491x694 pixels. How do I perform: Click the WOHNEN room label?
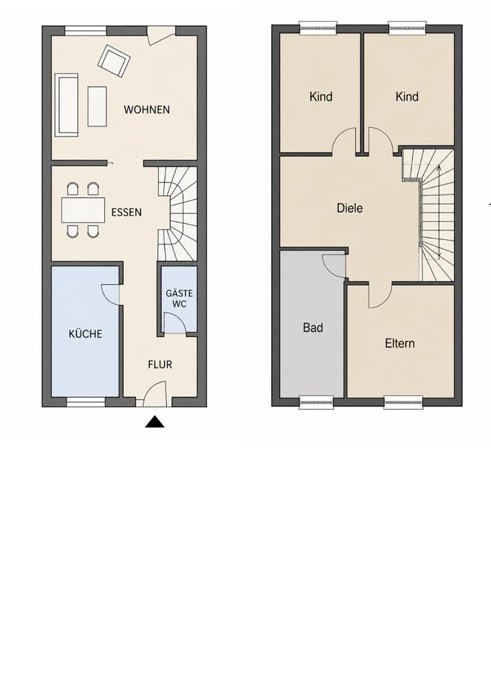147,109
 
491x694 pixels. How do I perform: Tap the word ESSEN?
127,213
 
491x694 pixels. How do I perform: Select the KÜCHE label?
85,334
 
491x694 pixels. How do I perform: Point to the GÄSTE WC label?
179,299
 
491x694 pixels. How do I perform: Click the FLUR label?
160,364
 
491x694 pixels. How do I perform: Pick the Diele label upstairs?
350,208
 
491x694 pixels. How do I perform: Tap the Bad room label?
313,327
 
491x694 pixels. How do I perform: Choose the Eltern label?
400,343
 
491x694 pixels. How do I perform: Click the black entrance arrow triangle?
155,422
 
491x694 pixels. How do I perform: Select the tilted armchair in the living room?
114,61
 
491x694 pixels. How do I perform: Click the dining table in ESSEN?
83,210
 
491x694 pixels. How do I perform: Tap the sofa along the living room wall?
67,105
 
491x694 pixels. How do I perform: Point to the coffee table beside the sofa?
97,106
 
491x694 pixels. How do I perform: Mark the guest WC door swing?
174,322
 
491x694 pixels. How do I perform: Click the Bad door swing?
333,265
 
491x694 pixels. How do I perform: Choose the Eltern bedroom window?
404,402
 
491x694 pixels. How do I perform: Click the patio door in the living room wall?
161,35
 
